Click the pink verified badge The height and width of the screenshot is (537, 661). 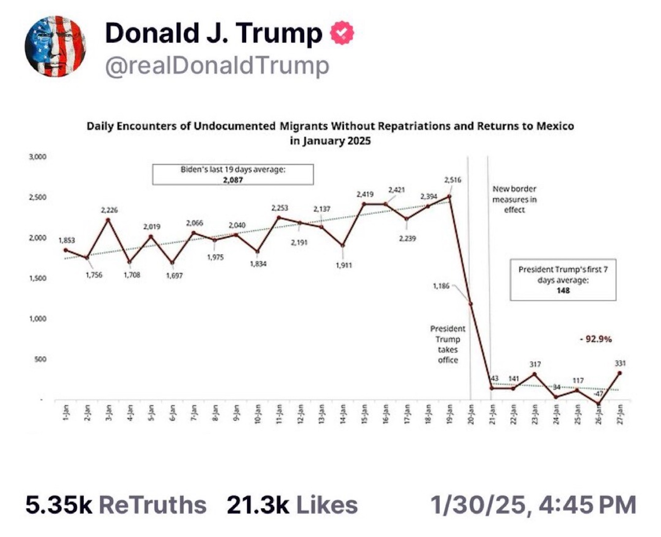tap(342, 33)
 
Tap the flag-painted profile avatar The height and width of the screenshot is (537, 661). tap(55, 46)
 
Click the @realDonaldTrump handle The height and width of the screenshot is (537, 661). tap(217, 66)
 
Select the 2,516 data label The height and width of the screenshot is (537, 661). tap(452, 180)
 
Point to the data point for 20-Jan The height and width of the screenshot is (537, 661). tap(470, 304)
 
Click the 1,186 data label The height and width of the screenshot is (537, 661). tap(441, 286)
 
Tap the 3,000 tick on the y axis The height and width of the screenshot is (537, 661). tap(37, 157)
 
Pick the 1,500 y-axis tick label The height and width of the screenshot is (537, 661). tap(37, 278)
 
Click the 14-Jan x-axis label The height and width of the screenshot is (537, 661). tap(343, 414)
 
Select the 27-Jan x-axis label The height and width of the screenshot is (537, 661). tap(620, 414)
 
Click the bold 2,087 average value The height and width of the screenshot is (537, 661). tap(233, 180)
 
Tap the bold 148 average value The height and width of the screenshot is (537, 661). tap(563, 290)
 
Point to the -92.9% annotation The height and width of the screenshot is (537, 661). tap(596, 339)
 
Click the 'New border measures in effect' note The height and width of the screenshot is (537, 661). tap(514, 199)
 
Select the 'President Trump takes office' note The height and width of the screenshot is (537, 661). tap(448, 344)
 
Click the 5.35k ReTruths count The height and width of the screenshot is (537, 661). tap(116, 505)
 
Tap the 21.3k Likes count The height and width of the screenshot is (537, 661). tap(292, 505)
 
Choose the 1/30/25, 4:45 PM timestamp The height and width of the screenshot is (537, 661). tap(533, 505)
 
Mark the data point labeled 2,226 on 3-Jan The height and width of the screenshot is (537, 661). tap(108, 220)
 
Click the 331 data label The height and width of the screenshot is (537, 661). tap(620, 363)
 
